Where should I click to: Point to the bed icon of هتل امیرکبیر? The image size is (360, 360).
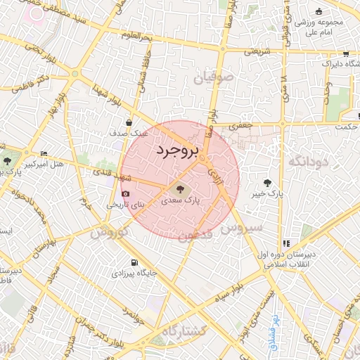44,153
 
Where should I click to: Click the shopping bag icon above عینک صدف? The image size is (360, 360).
129,122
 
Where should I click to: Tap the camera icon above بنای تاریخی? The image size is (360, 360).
126,194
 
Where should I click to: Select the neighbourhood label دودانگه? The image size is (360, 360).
309,162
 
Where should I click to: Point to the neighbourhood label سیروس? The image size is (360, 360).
241,227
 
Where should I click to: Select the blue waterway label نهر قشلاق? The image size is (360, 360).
276,332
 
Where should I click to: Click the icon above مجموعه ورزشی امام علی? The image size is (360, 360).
319,11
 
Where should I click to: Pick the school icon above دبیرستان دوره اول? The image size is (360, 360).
285,243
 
